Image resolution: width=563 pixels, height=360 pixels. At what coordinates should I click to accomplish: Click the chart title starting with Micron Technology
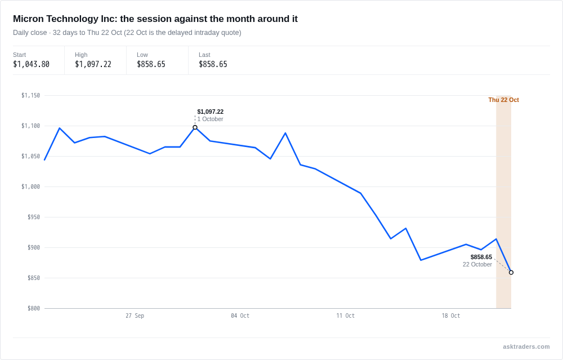click(155, 19)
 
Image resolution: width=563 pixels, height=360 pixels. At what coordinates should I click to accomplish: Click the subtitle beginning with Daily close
click(127, 33)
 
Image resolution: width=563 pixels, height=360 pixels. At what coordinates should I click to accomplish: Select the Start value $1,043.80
click(31, 64)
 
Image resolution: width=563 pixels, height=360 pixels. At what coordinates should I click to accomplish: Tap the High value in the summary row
click(93, 64)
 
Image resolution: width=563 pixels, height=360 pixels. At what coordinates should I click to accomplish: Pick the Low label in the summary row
click(142, 55)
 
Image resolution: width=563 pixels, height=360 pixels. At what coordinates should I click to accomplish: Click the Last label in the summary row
click(204, 55)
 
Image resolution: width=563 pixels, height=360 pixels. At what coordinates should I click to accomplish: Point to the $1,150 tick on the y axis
click(30, 95)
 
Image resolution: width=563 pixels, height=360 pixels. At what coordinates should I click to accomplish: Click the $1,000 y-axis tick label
click(30, 186)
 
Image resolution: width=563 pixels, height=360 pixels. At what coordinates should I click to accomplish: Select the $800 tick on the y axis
click(34, 308)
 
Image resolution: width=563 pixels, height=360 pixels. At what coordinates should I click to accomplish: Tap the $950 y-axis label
click(34, 217)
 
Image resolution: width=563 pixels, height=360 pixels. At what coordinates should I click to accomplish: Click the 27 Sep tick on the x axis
click(135, 315)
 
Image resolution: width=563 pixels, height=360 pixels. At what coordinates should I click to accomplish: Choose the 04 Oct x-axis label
click(240, 315)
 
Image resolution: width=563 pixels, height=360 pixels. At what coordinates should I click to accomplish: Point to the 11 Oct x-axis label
click(345, 315)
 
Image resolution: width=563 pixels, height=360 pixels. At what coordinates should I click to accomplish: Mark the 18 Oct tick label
click(450, 315)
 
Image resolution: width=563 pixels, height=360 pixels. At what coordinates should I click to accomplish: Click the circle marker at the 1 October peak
click(195, 127)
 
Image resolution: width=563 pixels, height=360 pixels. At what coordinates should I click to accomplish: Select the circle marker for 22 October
click(511, 272)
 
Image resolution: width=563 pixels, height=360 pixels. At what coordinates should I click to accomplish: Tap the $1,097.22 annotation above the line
click(211, 112)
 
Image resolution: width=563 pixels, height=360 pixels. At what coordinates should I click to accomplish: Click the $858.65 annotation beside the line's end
click(481, 257)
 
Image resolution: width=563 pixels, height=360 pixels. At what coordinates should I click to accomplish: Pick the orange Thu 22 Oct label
click(503, 100)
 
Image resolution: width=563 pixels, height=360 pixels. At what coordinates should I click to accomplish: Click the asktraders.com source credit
click(526, 346)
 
